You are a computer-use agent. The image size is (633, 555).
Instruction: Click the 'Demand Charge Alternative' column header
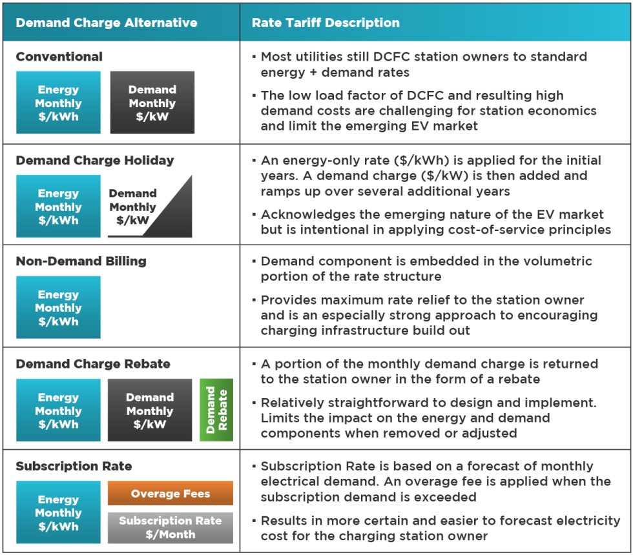107,23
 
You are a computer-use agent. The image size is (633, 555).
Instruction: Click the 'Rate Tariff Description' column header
326,23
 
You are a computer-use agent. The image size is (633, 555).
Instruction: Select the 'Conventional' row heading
59,57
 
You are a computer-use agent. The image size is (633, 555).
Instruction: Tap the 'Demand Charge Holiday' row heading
95,160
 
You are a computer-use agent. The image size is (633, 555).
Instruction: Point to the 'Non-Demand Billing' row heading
81,261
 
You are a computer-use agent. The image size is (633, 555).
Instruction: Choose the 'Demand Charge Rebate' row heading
93,364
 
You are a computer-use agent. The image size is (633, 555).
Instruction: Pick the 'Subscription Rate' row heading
74,466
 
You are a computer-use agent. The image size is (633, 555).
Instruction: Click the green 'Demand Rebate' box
216,410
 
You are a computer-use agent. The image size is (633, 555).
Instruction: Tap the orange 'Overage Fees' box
171,494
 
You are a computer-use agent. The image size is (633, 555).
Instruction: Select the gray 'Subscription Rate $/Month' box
171,527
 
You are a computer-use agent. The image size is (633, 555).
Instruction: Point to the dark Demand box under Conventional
152,103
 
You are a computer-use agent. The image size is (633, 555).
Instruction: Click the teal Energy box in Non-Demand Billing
58,308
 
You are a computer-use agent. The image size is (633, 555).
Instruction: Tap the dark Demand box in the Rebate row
150,410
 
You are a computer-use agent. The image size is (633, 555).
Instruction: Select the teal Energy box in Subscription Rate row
58,512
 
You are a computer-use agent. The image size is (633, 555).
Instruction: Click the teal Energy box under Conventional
58,103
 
